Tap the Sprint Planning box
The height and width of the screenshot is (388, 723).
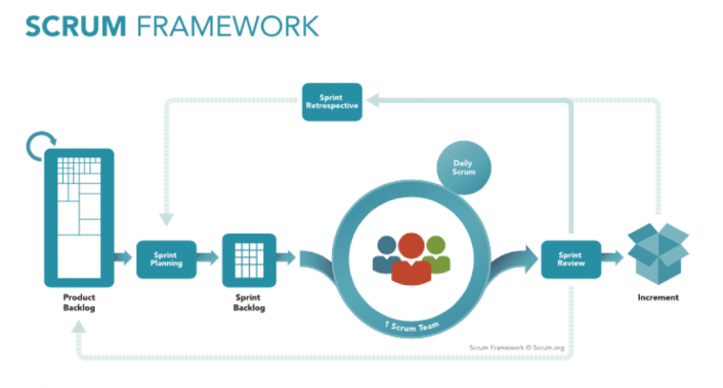point(166,256)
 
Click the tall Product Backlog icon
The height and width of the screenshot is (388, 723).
point(78,218)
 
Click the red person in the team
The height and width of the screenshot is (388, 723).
point(411,259)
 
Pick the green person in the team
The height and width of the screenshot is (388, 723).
point(436,254)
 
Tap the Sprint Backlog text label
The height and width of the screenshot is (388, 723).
point(248,302)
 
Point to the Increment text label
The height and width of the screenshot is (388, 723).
point(658,297)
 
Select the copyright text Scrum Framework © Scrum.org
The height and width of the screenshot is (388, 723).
point(518,347)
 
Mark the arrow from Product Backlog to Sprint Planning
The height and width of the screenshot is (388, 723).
point(123,256)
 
